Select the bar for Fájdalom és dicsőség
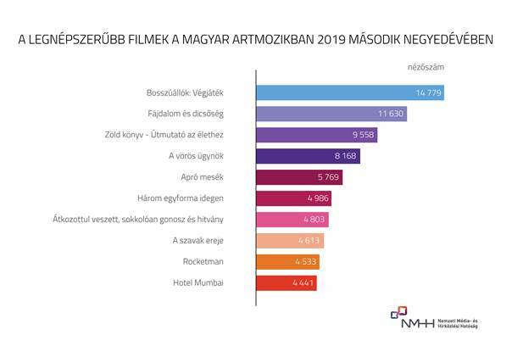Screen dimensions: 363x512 322,114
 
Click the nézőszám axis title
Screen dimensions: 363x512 425,65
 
